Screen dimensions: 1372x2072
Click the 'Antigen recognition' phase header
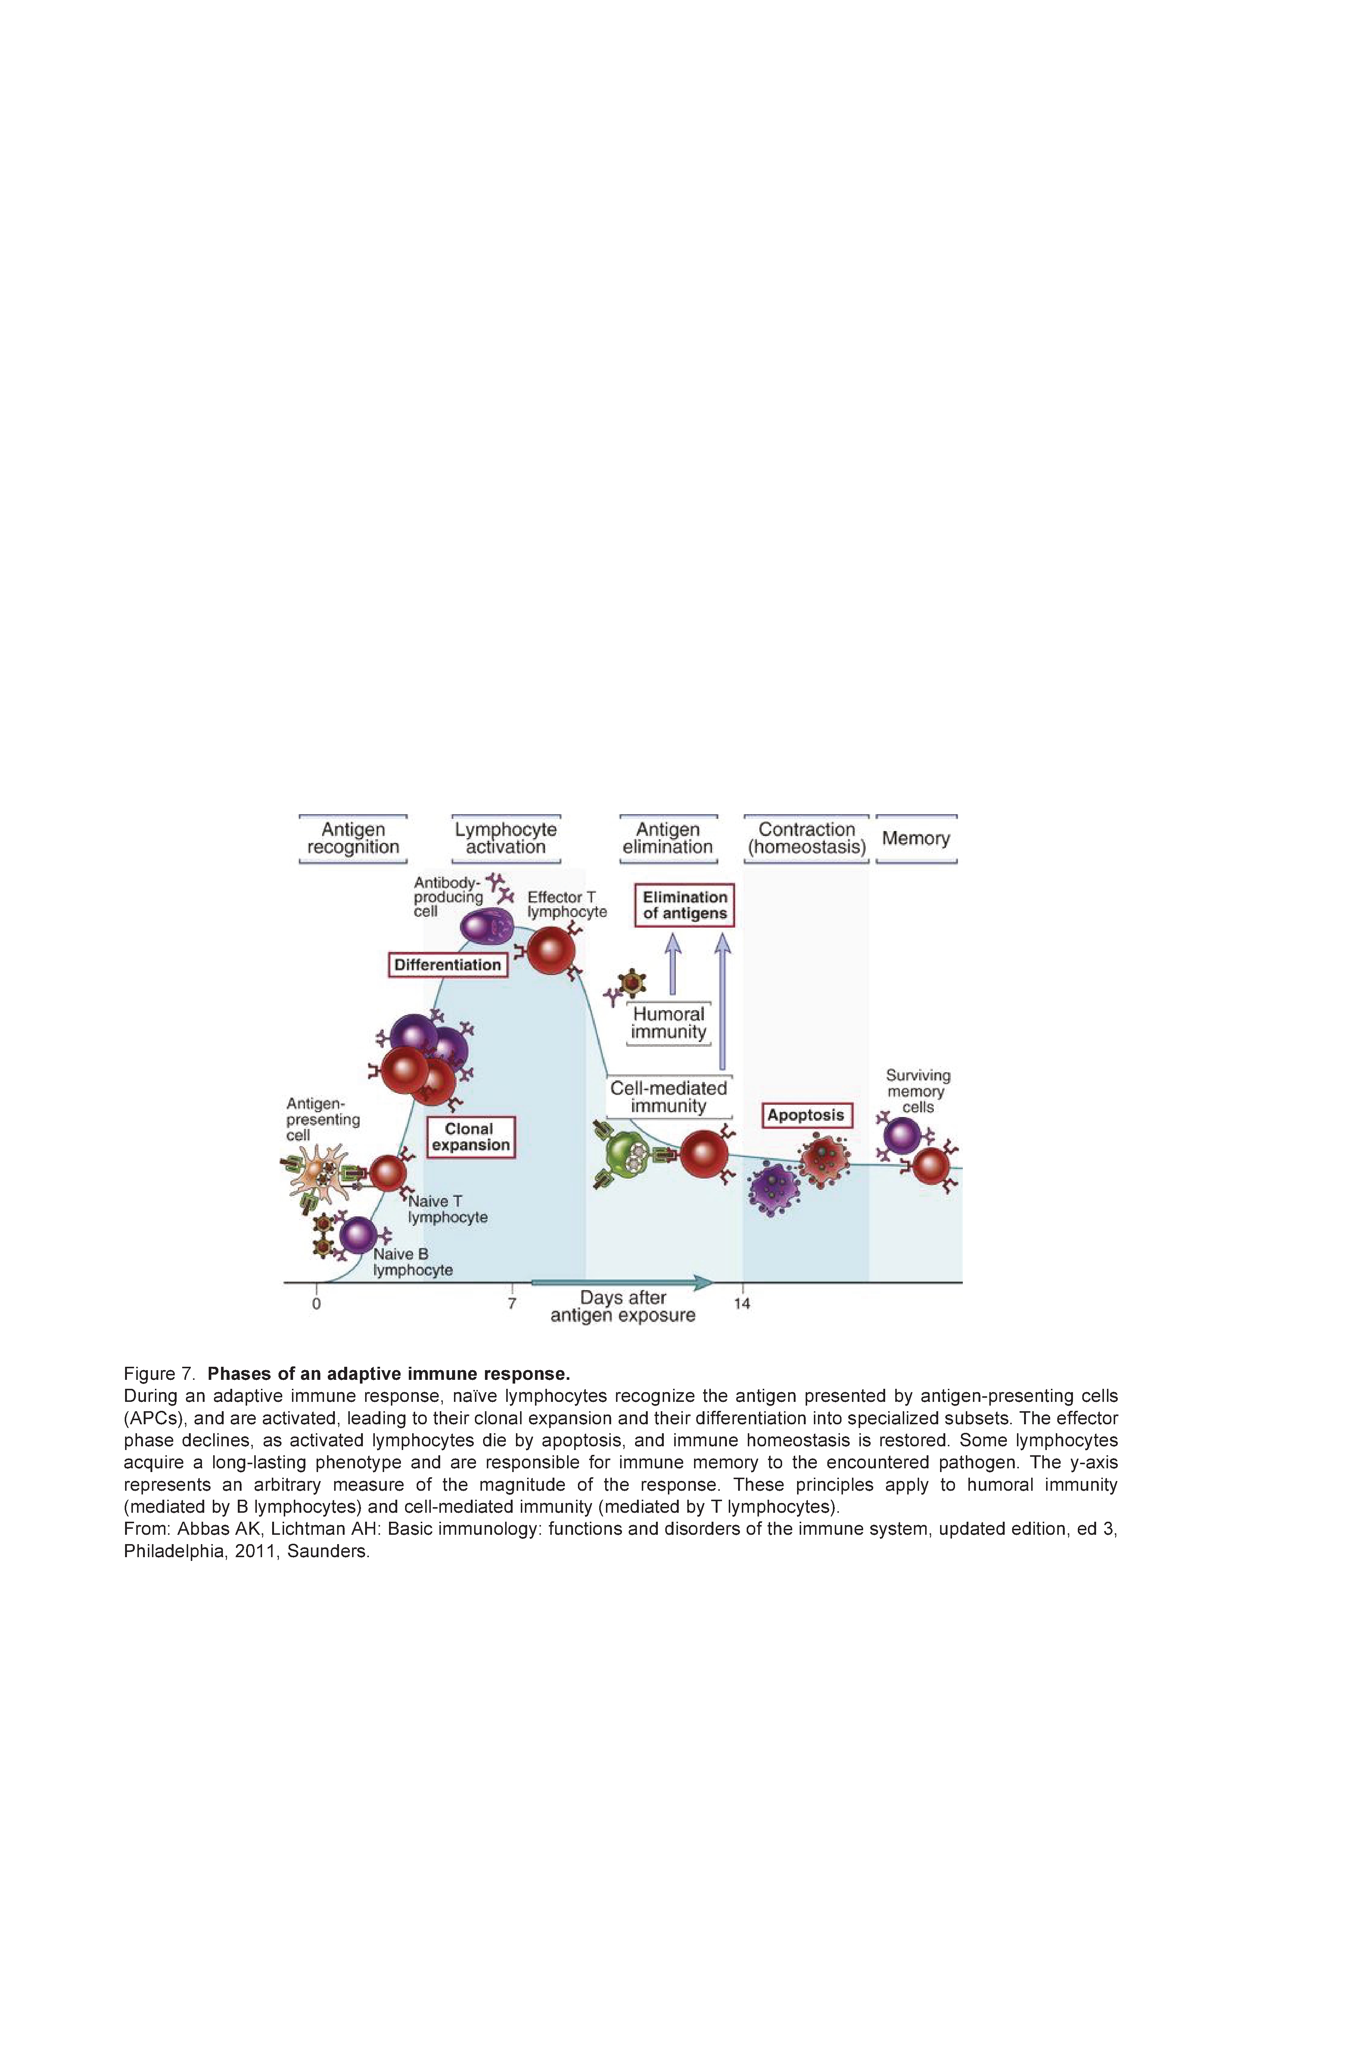pyautogui.click(x=353, y=838)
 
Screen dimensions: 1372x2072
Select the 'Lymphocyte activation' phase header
pyautogui.click(x=506, y=838)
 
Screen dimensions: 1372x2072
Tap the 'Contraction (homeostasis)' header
pyautogui.click(x=806, y=838)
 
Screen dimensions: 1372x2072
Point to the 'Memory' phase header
pyautogui.click(x=916, y=838)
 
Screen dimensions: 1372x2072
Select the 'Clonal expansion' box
pyautogui.click(x=470, y=1137)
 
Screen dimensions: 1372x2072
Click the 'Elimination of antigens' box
pyautogui.click(x=685, y=905)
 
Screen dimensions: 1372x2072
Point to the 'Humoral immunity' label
pyautogui.click(x=669, y=1023)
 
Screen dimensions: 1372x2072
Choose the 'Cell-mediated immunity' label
pyautogui.click(x=669, y=1096)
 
